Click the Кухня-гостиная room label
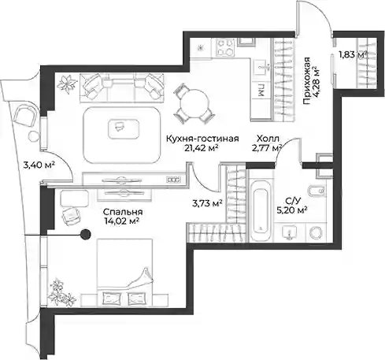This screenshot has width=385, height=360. pos(202,139)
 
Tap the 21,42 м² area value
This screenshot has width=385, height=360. pos(202,148)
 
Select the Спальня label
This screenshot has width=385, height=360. pos(123,212)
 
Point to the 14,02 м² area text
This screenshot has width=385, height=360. pos(121,221)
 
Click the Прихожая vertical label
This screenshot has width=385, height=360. pos(306,81)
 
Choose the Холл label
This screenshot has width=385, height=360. pos(268,139)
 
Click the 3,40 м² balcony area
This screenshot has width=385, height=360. pos(39,165)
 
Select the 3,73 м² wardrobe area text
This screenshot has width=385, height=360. pos(207,203)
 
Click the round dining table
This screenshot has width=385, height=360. pos(194,103)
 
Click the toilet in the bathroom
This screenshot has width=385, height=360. pos(317,191)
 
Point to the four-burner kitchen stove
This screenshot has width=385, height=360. pos(225,47)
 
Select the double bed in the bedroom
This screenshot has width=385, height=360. pos(124,273)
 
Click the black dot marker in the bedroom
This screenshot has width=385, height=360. pos(85,234)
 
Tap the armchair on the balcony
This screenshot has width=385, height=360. pos(25,117)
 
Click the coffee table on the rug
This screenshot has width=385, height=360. pos(124,128)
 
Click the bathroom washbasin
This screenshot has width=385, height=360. pos(290,232)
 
